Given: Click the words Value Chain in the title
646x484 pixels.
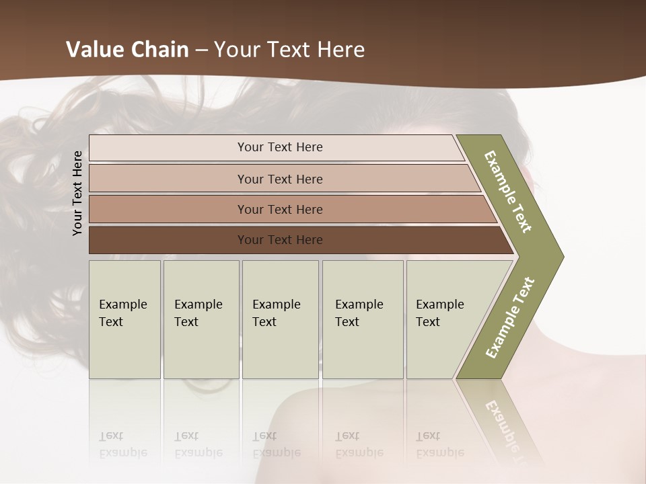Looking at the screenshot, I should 127,50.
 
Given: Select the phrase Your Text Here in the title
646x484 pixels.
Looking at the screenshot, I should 289,50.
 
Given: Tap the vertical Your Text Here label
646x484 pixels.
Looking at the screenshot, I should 77,193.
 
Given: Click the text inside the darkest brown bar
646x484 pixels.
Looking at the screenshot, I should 280,240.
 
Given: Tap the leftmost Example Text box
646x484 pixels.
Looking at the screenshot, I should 124,319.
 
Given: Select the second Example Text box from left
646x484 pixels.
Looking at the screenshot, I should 201,319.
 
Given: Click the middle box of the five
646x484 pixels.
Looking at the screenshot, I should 280,319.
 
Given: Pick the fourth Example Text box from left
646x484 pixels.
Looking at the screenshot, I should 363,319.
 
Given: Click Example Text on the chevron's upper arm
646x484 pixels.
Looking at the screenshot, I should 508,192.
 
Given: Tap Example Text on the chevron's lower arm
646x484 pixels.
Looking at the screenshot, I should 510,318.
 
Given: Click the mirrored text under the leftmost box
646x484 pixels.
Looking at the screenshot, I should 122,444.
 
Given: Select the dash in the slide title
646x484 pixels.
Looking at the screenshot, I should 201,50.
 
